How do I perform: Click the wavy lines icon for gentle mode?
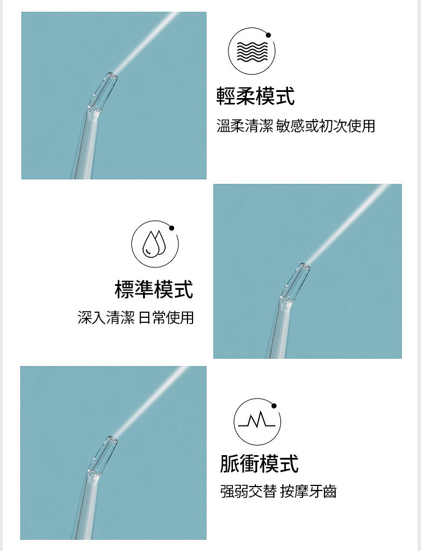[x=252, y=52]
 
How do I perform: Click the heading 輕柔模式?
[x=255, y=96]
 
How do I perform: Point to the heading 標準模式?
[x=154, y=289]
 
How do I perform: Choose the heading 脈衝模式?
[x=259, y=464]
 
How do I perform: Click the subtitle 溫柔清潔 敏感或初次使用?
[x=296, y=126]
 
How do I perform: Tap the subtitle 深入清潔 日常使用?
[x=136, y=317]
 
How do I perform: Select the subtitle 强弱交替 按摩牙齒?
[x=278, y=491]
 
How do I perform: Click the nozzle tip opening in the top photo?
[x=112, y=75]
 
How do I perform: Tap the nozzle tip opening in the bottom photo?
[x=112, y=439]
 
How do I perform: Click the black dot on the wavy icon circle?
[x=268, y=35]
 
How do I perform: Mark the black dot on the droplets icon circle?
[x=171, y=228]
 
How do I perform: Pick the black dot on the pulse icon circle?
[x=274, y=406]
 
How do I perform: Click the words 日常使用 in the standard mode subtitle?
[x=166, y=317]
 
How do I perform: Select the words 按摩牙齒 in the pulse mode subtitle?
[x=308, y=491]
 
